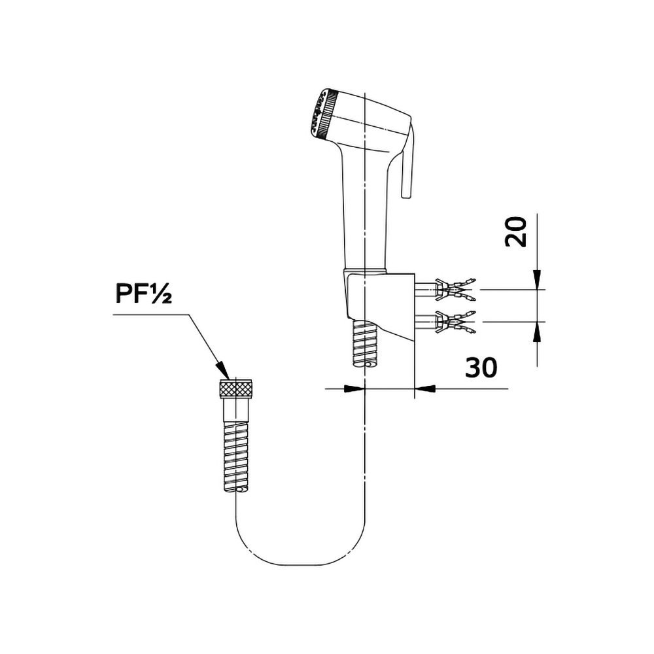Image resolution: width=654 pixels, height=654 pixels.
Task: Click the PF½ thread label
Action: [143, 294]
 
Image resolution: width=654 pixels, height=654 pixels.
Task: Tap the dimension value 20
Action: [516, 232]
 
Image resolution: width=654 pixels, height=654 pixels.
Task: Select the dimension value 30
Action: [481, 368]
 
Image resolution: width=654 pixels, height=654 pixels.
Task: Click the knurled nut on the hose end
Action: [235, 388]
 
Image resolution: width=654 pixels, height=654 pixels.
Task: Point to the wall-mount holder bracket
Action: [379, 305]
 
